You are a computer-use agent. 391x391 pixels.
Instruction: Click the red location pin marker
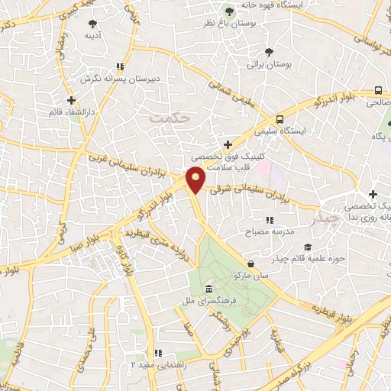pos(195,179)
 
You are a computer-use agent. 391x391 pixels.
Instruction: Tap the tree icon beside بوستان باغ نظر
pos(228,10)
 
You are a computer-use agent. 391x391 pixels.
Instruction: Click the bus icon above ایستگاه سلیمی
pos(280,118)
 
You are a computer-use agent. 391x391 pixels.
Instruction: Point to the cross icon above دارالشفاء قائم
pos(71,100)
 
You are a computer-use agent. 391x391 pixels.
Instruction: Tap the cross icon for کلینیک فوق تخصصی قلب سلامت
pos(228,144)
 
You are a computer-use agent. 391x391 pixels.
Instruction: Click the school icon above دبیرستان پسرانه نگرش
pos(118,66)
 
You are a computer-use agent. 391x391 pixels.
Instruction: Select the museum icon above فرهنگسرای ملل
pos(208,289)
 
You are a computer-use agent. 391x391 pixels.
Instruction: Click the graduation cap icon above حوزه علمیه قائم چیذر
pos(307,247)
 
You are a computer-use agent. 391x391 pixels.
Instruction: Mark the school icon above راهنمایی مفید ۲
pos(158,353)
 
